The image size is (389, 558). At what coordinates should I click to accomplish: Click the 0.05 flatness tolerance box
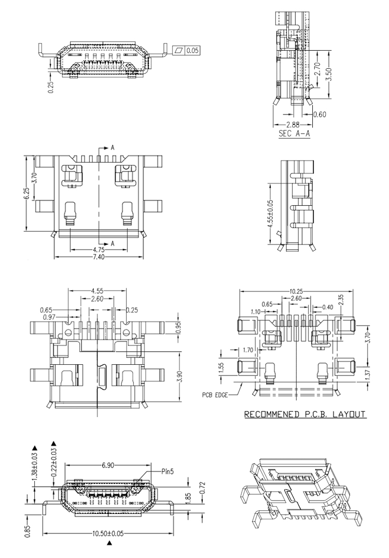(x=186, y=51)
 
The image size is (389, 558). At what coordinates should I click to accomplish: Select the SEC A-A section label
(x=294, y=134)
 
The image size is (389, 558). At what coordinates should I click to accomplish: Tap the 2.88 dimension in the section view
(x=293, y=125)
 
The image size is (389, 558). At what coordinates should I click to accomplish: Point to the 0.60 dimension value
(x=320, y=114)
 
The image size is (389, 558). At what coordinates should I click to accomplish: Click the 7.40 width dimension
(x=99, y=256)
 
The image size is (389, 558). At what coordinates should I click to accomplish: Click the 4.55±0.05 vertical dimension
(x=270, y=214)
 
